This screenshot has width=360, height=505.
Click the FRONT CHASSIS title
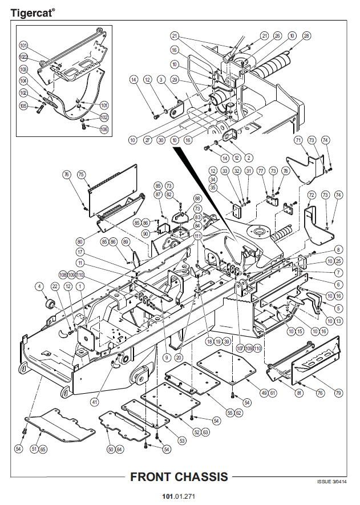pyautogui.click(x=179, y=477)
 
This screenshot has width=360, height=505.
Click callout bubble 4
pyautogui.click(x=39, y=286)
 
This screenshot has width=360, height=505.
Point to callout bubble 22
pyautogui.click(x=55, y=286)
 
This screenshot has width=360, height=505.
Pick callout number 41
pyautogui.click(x=94, y=402)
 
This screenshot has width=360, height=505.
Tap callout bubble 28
pyautogui.click(x=306, y=36)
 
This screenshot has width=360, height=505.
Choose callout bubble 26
pyautogui.click(x=277, y=36)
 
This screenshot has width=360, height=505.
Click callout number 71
pyautogui.click(x=298, y=140)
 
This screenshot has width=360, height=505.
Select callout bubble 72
pyautogui.click(x=312, y=195)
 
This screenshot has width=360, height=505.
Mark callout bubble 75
pyautogui.click(x=81, y=175)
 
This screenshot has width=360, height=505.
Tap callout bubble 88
pyautogui.click(x=197, y=198)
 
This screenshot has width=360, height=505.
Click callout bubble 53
pyautogui.click(x=182, y=441)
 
